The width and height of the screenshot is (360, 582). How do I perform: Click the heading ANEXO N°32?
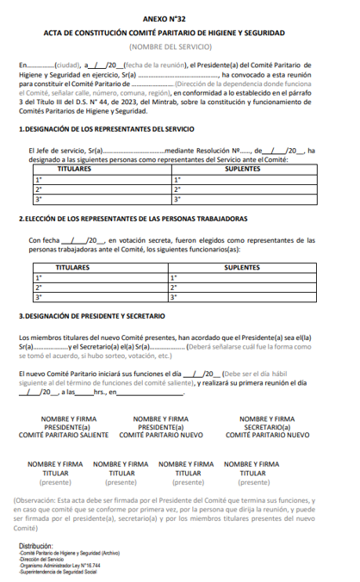179,16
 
